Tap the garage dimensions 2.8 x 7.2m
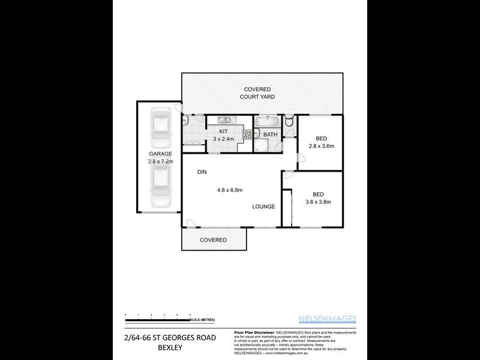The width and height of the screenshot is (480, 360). [159, 161]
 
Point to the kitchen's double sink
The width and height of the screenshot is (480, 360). [227, 119]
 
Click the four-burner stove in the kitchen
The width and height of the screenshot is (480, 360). [246, 134]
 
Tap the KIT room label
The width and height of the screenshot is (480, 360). [223, 131]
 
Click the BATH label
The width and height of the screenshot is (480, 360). [270, 134]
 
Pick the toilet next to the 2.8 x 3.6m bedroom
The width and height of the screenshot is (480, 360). [289, 122]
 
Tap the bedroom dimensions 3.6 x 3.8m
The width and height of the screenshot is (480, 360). [318, 202]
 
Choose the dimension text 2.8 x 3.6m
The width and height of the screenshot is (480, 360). [321, 146]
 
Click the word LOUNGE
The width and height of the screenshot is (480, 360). [263, 206]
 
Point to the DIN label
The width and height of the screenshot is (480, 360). [202, 172]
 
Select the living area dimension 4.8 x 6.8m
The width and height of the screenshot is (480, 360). [229, 190]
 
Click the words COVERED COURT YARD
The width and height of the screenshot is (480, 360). [257, 92]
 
